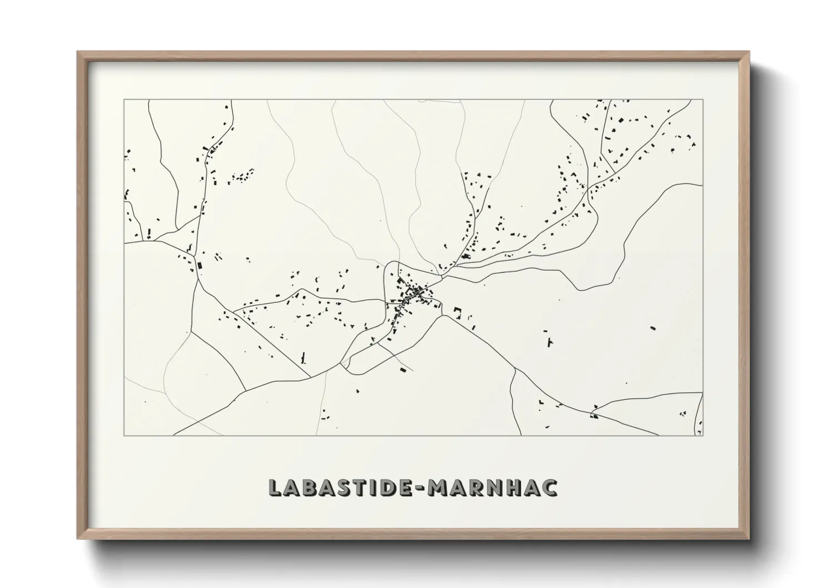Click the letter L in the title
275,487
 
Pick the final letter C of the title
549,487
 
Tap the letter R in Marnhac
477,487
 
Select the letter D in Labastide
388,487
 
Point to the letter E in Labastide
405,487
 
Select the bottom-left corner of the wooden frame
78,539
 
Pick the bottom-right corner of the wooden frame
749,539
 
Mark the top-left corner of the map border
124,100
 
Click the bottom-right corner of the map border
703,436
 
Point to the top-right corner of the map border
703,100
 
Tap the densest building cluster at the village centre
414,293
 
